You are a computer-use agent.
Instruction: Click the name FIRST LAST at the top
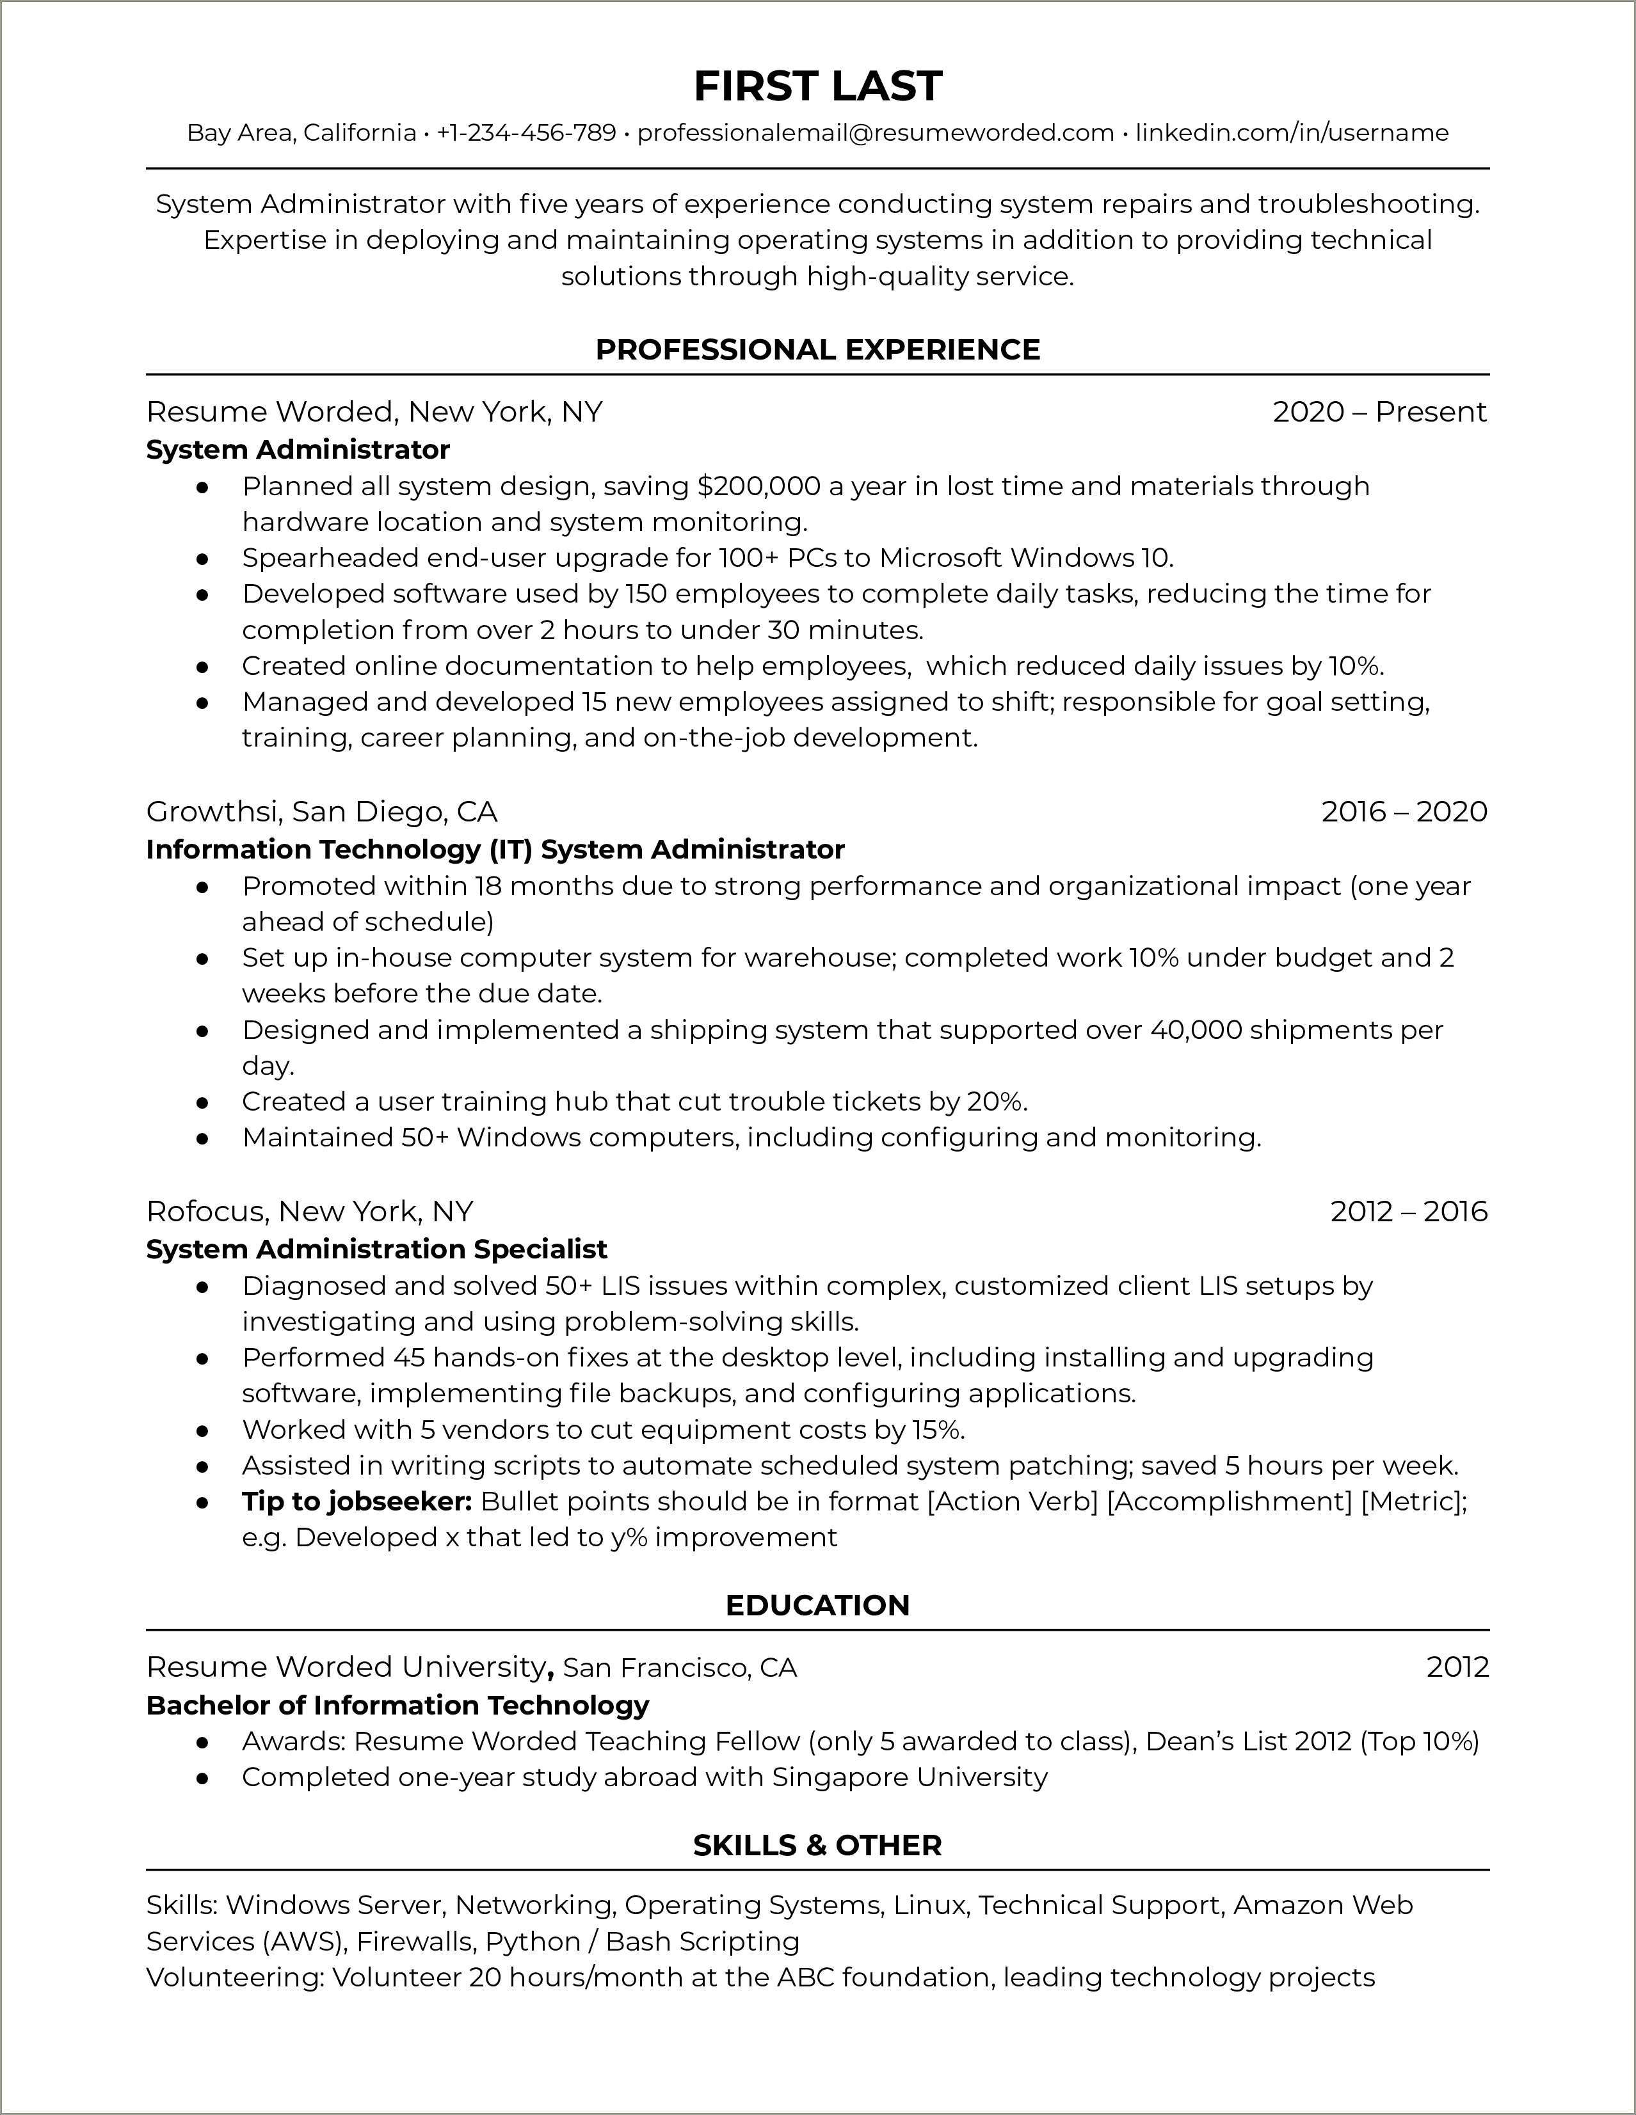click(x=817, y=87)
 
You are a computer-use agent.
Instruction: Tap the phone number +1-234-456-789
click(x=526, y=132)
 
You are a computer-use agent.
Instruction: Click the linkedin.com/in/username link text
click(x=1292, y=132)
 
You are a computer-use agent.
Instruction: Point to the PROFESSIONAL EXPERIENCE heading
click(x=817, y=349)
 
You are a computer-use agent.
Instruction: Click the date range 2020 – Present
click(x=1379, y=413)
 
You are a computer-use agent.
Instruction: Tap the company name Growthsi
click(x=213, y=812)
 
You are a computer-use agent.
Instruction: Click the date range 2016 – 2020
click(x=1404, y=812)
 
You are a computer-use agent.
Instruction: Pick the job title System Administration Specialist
click(x=377, y=1249)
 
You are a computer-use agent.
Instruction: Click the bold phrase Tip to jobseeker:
click(x=357, y=1502)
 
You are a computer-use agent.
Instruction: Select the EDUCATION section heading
click(x=817, y=1606)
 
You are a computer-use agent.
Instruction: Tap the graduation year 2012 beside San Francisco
click(x=1457, y=1668)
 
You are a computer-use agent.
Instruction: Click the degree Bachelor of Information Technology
click(x=397, y=1706)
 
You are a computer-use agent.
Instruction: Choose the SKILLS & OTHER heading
click(x=817, y=1846)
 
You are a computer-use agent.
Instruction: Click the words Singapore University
click(x=910, y=1778)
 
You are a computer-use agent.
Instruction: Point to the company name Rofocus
click(x=207, y=1212)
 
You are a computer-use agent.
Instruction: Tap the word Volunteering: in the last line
click(x=234, y=1977)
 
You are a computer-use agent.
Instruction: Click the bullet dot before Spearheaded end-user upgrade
click(x=202, y=558)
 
